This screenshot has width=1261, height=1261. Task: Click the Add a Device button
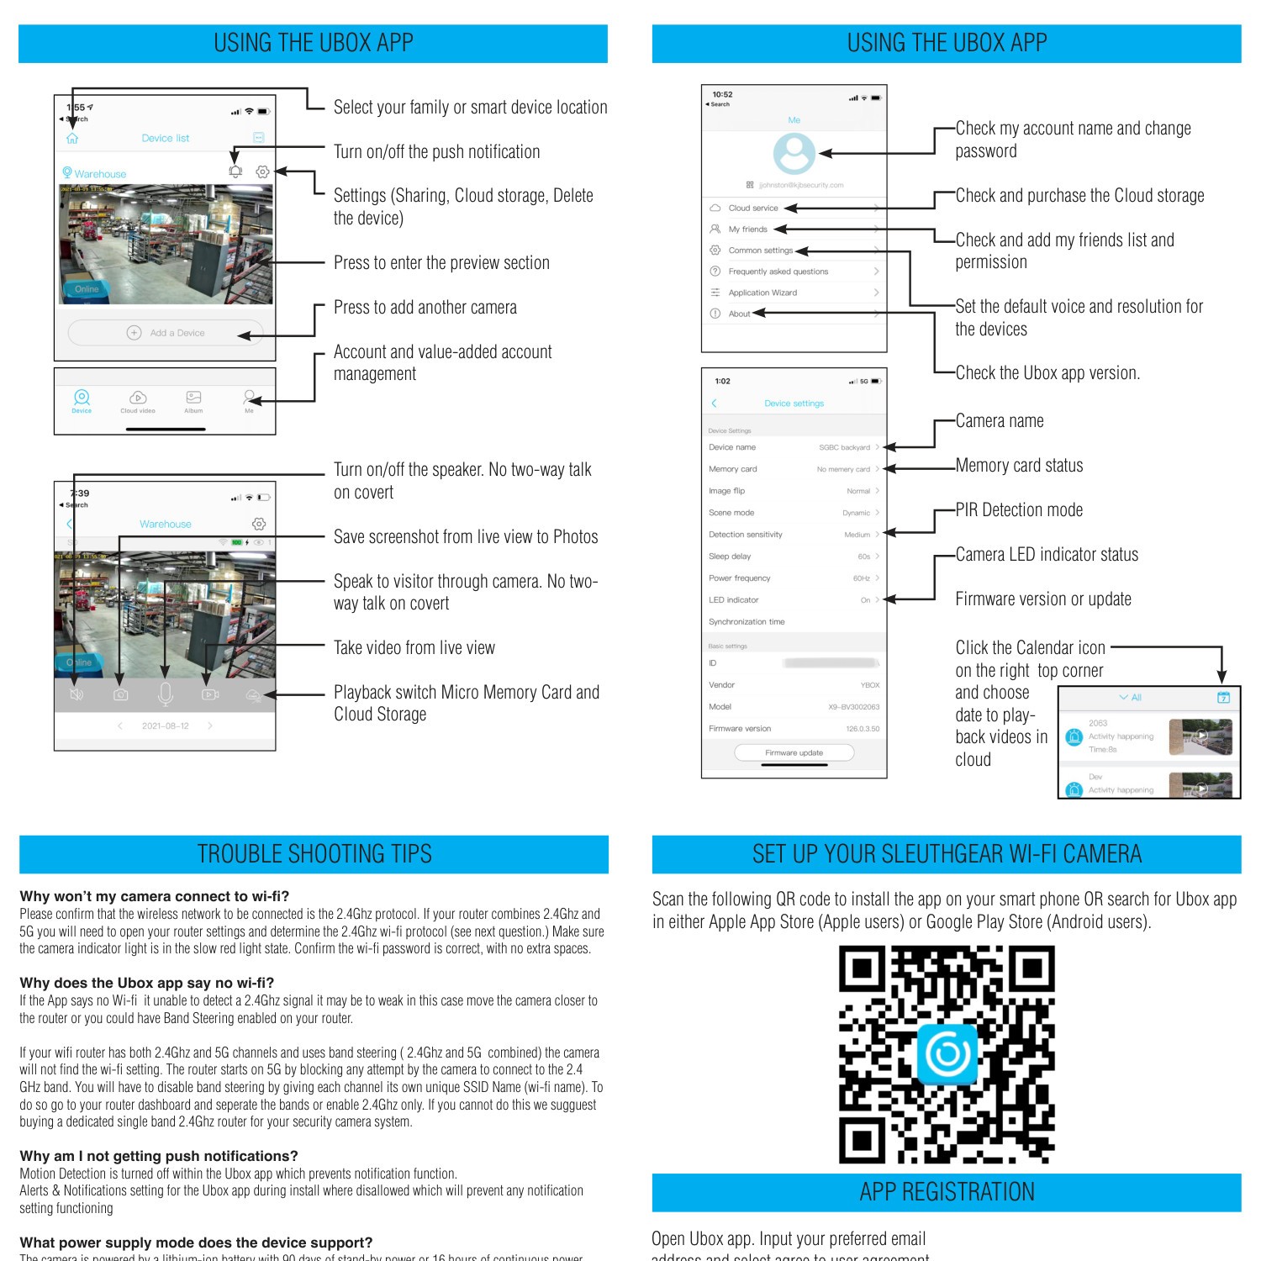[166, 333]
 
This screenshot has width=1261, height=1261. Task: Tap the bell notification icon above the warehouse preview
[235, 171]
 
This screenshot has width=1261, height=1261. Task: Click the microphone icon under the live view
[166, 694]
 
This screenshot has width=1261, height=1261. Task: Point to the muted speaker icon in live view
[77, 694]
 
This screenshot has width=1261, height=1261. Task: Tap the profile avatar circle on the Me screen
[794, 153]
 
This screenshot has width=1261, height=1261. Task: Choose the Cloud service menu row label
[753, 208]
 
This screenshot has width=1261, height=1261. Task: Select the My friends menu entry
[747, 229]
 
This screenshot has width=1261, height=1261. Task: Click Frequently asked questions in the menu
[778, 272]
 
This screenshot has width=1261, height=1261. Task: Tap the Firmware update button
[794, 752]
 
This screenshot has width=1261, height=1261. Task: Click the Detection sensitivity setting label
[745, 535]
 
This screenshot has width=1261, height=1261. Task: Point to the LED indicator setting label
[733, 600]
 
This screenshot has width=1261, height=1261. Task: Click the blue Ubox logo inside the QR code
[947, 1053]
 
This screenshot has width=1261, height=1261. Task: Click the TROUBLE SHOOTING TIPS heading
[314, 854]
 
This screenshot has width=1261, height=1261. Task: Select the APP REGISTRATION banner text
[947, 1192]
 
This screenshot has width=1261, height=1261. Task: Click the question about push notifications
[159, 1156]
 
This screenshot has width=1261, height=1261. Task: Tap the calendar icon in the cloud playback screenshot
[1223, 697]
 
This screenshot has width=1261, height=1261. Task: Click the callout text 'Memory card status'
[1019, 466]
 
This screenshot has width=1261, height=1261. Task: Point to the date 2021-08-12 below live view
[165, 725]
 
